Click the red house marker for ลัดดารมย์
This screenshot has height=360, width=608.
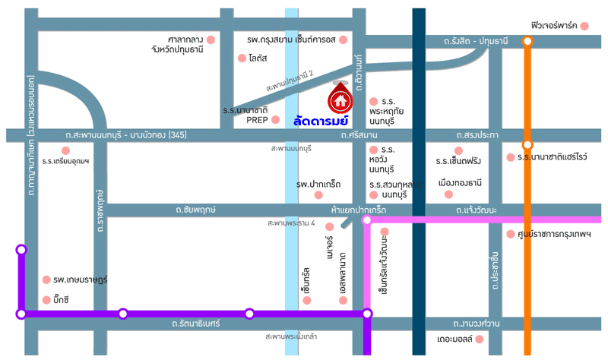pyautogui.click(x=339, y=98)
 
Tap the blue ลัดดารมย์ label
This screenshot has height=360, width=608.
pyautogui.click(x=320, y=120)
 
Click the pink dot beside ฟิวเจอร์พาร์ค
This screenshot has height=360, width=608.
pyautogui.click(x=584, y=27)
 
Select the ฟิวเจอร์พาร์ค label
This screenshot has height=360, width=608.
pyautogui.click(x=554, y=26)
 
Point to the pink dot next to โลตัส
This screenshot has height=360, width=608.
pyautogui.click(x=242, y=58)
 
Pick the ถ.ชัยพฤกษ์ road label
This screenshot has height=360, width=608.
pyautogui.click(x=195, y=209)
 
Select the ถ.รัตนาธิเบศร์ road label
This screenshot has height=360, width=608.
pyautogui.click(x=195, y=324)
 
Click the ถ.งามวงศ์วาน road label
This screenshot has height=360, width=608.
pyautogui.click(x=477, y=324)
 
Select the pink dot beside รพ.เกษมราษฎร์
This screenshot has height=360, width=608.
pyautogui.click(x=47, y=279)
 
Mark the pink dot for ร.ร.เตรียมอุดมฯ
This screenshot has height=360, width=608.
pyautogui.click(x=66, y=150)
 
